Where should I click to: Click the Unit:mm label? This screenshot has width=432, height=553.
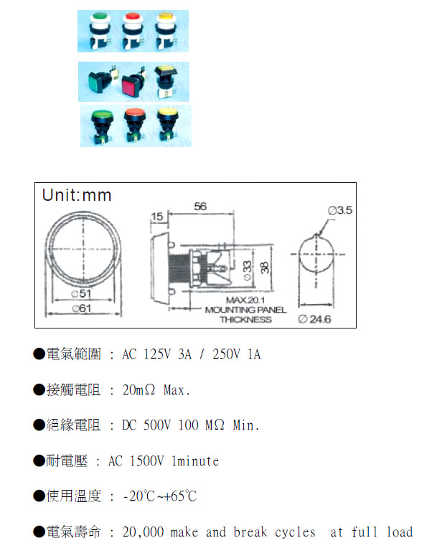(x=77, y=195)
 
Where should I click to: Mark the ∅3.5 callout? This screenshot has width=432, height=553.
(x=339, y=211)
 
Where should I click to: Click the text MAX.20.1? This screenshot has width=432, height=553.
(x=246, y=300)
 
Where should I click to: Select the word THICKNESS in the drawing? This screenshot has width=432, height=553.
(x=245, y=319)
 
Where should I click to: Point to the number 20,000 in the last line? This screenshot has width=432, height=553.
(x=144, y=532)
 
